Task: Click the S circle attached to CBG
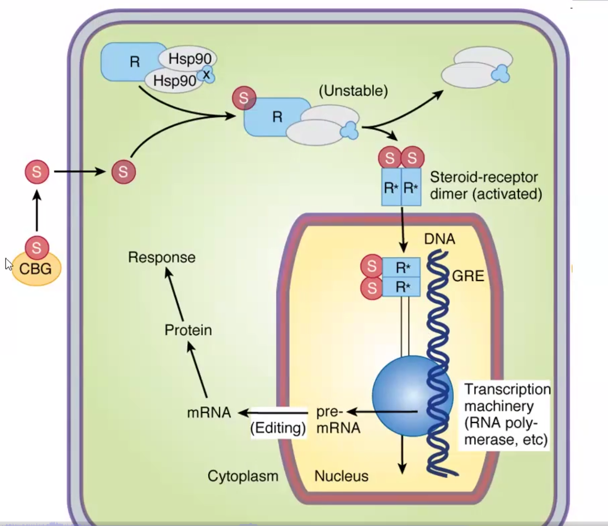(37, 247)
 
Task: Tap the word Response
(162, 257)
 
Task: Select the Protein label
(188, 330)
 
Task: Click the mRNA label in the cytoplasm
(209, 412)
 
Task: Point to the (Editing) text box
(278, 428)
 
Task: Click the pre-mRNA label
(338, 420)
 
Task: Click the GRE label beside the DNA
(468, 276)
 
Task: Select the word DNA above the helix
(439, 239)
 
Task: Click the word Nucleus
(341, 476)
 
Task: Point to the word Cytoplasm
(243, 476)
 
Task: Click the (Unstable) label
(353, 91)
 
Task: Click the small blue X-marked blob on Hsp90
(206, 75)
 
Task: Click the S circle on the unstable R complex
(244, 98)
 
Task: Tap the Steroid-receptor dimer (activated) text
(486, 185)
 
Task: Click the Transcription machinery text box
(506, 414)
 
